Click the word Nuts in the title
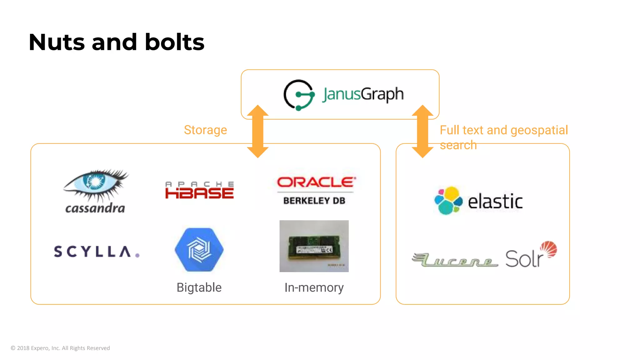pyautogui.click(x=57, y=42)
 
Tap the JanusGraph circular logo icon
pyautogui.click(x=299, y=95)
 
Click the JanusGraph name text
pyautogui.click(x=363, y=94)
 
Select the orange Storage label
pyautogui.click(x=205, y=130)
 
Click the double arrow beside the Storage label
pyautogui.click(x=258, y=131)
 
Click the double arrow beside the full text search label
pyautogui.click(x=422, y=131)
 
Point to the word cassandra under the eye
pyautogui.click(x=95, y=208)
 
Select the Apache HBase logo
pyautogui.click(x=199, y=190)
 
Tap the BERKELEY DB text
pyautogui.click(x=314, y=201)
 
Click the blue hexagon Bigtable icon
pyautogui.click(x=199, y=250)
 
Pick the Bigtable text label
pyautogui.click(x=199, y=287)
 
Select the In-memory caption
pyautogui.click(x=314, y=287)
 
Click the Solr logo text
pyautogui.click(x=525, y=259)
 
